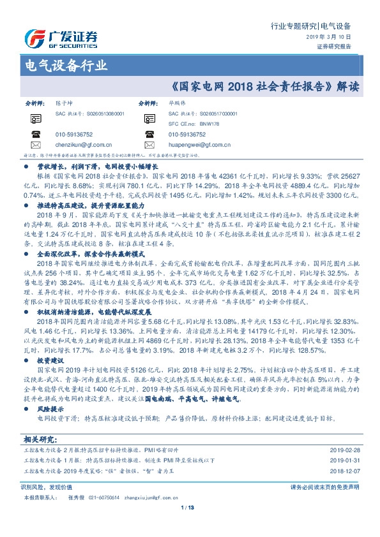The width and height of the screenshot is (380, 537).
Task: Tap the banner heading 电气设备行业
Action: [65, 65]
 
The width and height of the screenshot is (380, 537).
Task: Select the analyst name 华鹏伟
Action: [178, 103]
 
